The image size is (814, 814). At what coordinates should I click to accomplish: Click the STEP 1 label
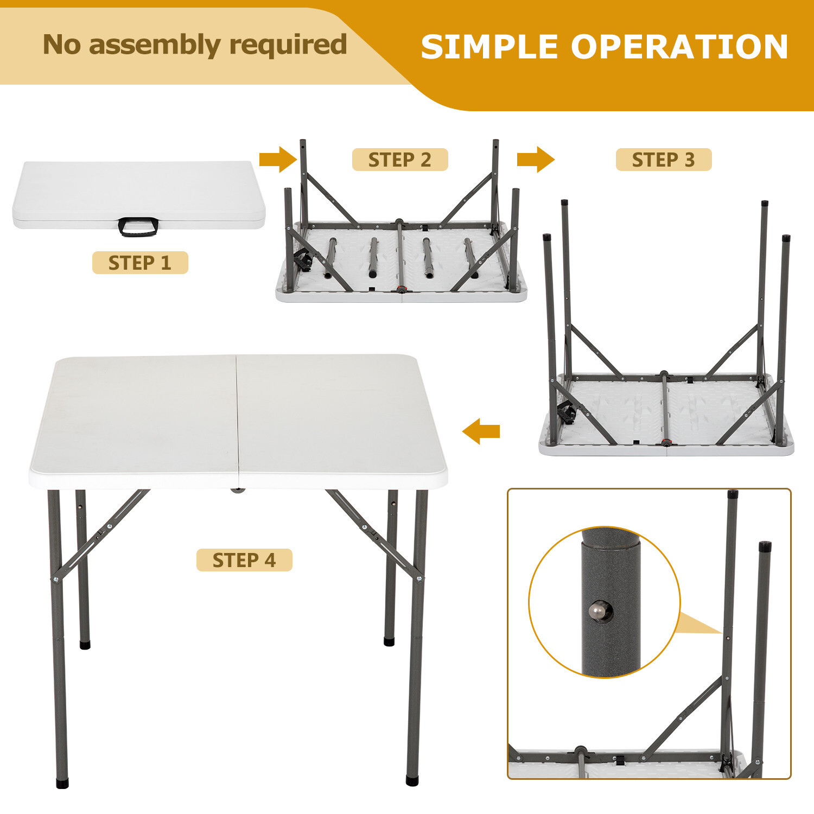(x=140, y=263)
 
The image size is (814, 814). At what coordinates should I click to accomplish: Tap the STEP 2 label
(x=400, y=160)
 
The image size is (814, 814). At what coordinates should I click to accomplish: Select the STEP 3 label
(x=663, y=160)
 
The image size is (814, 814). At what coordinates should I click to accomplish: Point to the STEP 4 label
(x=244, y=560)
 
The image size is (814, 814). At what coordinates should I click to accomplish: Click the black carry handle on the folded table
(x=138, y=227)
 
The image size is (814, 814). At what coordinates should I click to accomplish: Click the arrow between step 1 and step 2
(x=277, y=160)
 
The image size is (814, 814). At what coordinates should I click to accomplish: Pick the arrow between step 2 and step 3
(x=535, y=160)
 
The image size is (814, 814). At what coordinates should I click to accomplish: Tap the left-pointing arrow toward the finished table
(x=481, y=431)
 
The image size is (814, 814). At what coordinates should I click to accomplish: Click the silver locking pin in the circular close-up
(x=597, y=611)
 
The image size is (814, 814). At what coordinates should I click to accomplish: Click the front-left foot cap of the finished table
(x=62, y=784)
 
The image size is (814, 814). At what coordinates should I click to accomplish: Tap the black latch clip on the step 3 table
(x=567, y=415)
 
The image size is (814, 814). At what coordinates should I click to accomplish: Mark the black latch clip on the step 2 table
(x=302, y=262)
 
